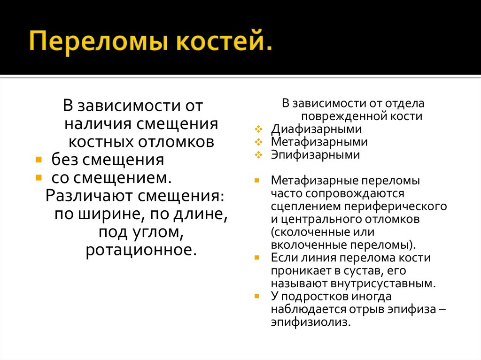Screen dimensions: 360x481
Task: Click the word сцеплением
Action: coord(302,206)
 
